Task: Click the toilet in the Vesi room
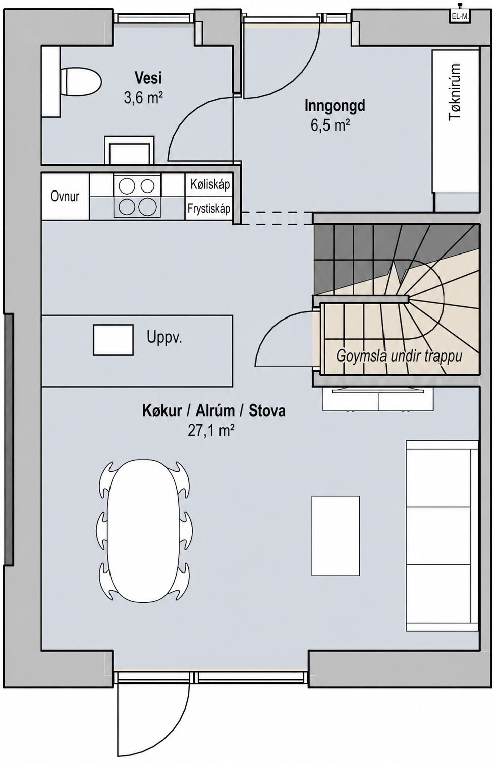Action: (x=81, y=82)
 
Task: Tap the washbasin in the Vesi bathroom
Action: (x=129, y=150)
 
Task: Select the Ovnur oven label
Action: (x=65, y=196)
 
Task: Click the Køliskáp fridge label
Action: (x=210, y=184)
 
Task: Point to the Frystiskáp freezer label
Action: (x=209, y=208)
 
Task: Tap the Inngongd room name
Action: (x=335, y=106)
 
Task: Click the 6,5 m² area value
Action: (x=330, y=125)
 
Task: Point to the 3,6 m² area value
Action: (x=143, y=98)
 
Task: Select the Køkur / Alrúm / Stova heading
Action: (x=214, y=411)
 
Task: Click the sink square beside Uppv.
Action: (x=113, y=340)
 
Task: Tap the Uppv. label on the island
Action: (x=164, y=337)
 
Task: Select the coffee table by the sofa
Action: (x=336, y=536)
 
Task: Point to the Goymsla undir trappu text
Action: (x=399, y=357)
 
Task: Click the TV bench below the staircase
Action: (x=378, y=399)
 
